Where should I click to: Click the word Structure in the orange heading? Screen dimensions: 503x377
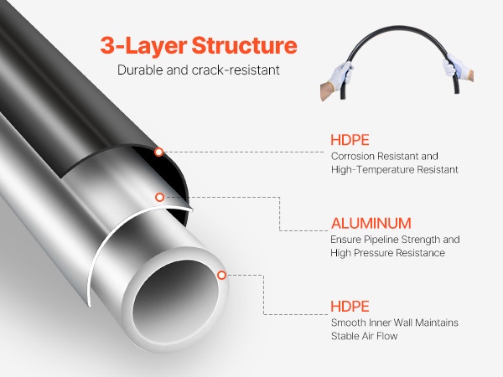tap(245, 45)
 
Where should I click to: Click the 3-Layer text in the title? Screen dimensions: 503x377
tap(143, 46)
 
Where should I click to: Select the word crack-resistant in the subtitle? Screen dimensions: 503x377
tap(236, 70)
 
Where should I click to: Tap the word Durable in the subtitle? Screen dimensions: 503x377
tap(140, 70)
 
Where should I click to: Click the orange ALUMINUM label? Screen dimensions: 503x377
tap(371, 224)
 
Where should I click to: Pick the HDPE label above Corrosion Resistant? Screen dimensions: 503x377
tap(350, 140)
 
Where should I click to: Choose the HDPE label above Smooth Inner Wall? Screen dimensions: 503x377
tap(350, 307)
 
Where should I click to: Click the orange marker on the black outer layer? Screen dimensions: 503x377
tap(158, 152)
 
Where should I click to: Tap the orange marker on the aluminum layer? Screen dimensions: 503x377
tap(159, 197)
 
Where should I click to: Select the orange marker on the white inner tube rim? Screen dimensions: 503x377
tap(221, 275)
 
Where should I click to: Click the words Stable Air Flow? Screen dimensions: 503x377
tap(365, 336)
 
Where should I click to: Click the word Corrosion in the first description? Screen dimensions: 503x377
tap(353, 157)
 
